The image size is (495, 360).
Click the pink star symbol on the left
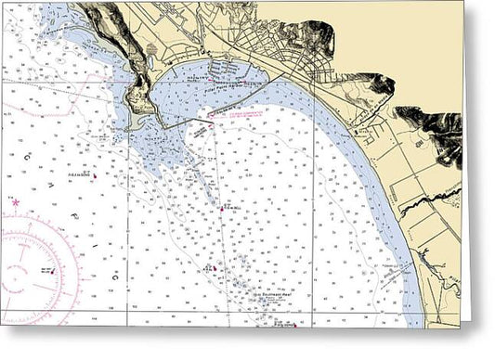[x=16, y=201]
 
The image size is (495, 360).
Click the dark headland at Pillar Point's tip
[x=139, y=102]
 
